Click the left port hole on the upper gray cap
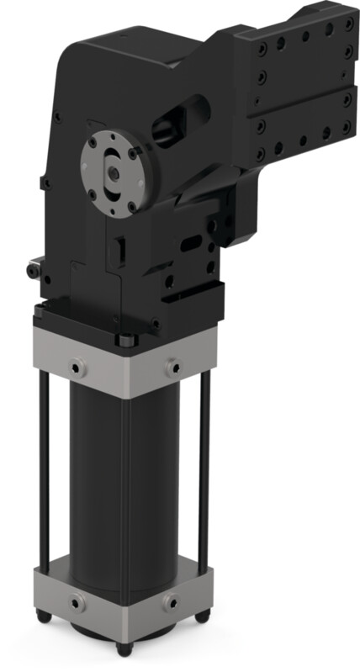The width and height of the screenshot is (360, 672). pyautogui.click(x=77, y=368)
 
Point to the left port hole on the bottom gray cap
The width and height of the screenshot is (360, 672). pyautogui.click(x=77, y=602)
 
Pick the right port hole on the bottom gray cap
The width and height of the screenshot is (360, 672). pyautogui.click(x=172, y=602)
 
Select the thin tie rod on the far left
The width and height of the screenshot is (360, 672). pyautogui.click(x=41, y=471)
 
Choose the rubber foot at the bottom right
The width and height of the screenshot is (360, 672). pyautogui.click(x=201, y=616)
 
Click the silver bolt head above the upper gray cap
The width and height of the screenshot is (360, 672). pyautogui.click(x=125, y=341)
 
